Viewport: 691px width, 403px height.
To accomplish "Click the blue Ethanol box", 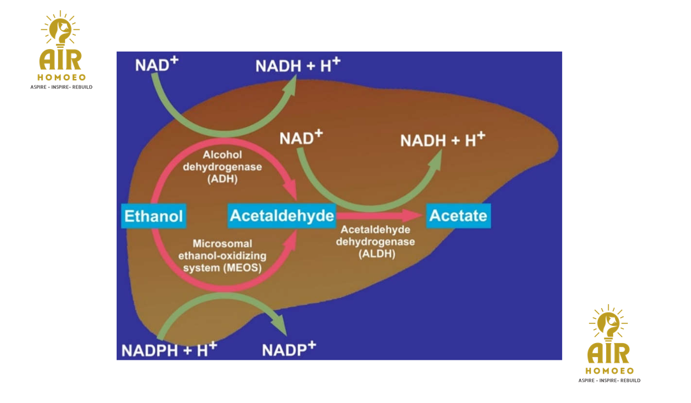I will (154, 216).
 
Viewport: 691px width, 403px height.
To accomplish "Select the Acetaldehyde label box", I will (281, 216).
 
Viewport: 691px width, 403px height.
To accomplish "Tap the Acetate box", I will (458, 216).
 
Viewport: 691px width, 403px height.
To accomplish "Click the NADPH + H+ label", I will (169, 349).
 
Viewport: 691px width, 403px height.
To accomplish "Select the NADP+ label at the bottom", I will (289, 349).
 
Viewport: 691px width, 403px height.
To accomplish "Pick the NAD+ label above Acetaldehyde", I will (301, 138).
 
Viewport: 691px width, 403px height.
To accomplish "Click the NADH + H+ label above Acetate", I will (443, 140).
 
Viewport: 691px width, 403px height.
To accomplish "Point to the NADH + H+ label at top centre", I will (298, 65).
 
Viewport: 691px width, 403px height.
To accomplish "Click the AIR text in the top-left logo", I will (60, 59).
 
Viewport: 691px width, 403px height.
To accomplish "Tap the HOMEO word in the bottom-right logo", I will (609, 370).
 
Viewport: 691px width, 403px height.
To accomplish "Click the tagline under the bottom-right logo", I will (609, 381).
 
